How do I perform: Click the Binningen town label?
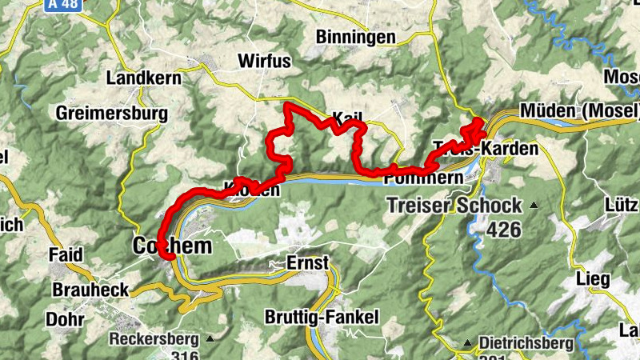(355, 37)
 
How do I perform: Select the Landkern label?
(141, 78)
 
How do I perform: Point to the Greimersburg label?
(112, 114)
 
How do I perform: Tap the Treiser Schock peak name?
(454, 206)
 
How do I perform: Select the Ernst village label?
(307, 262)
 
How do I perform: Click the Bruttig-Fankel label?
(327, 317)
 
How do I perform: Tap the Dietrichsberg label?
(526, 344)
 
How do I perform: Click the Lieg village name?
(593, 279)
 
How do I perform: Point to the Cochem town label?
(173, 246)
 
